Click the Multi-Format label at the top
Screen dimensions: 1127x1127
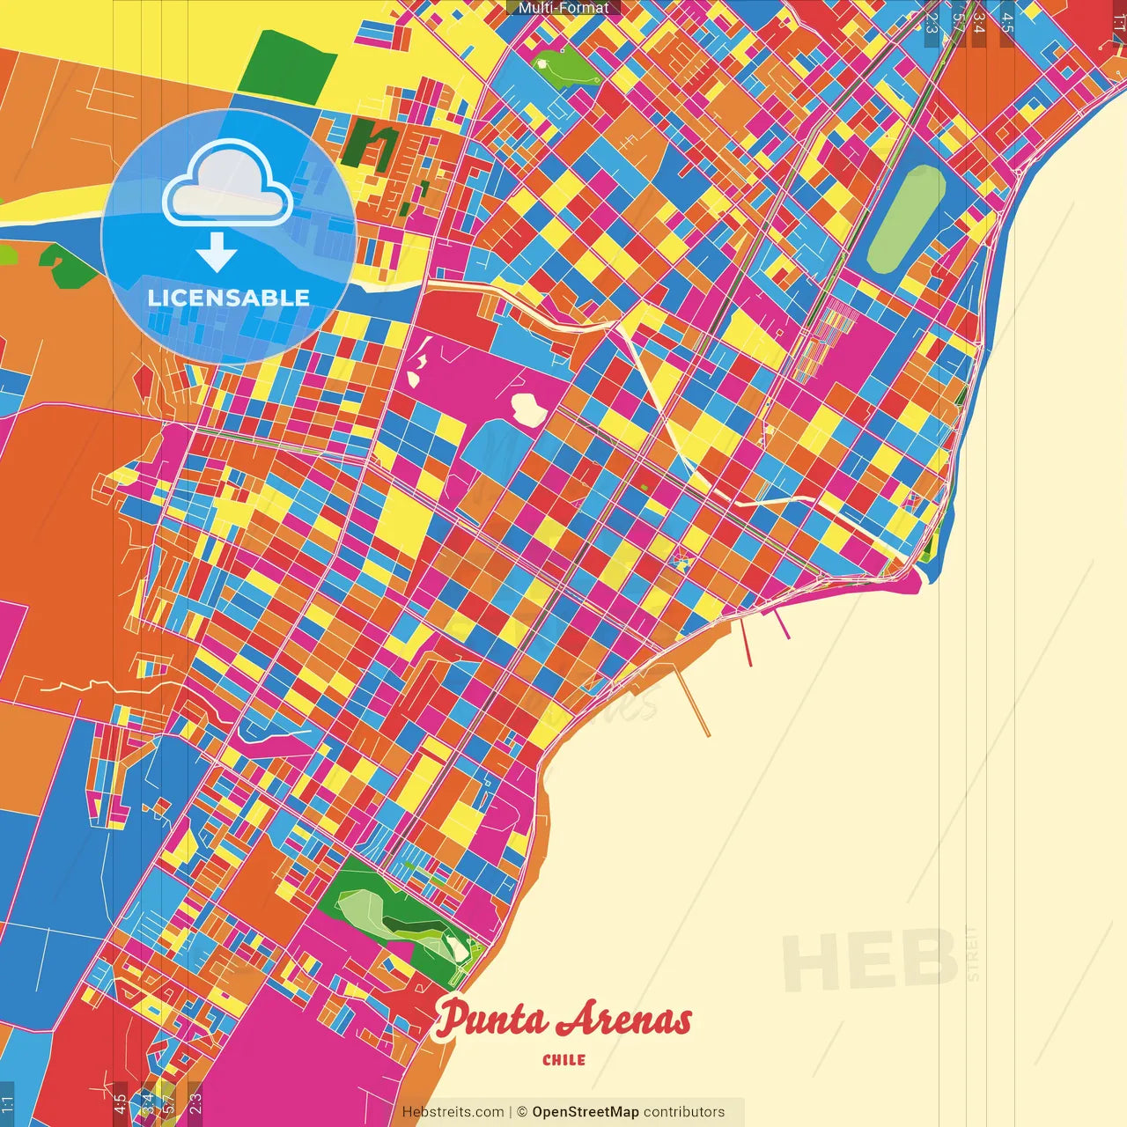pyautogui.click(x=563, y=8)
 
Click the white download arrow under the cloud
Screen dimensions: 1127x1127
pyautogui.click(x=217, y=252)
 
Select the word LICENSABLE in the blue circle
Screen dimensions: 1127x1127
pyautogui.click(x=229, y=298)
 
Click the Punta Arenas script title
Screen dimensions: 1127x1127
pyautogui.click(x=563, y=1020)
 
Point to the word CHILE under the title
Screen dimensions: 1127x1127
pyautogui.click(x=564, y=1060)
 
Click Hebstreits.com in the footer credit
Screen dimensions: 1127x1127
pyautogui.click(x=453, y=1112)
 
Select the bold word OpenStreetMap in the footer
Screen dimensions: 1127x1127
pyautogui.click(x=586, y=1112)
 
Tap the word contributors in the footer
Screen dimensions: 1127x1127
pyautogui.click(x=684, y=1112)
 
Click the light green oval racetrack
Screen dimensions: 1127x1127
pyautogui.click(x=906, y=220)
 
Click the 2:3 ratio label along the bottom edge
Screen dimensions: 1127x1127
pyautogui.click(x=195, y=1103)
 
